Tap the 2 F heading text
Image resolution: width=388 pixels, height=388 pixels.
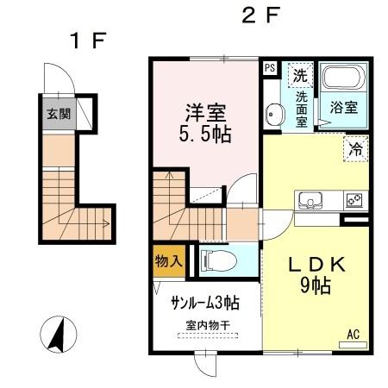point(260,16)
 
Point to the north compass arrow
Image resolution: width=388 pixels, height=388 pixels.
point(55,335)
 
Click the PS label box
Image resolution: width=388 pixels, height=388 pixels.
point(270,67)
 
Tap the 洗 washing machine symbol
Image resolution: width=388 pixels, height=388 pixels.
point(299,74)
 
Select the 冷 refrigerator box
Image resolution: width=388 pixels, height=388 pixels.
point(355,148)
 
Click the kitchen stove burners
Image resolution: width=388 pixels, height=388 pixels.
point(354,200)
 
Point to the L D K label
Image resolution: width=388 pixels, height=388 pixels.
point(308,265)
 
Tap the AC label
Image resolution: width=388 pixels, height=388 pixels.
point(354,334)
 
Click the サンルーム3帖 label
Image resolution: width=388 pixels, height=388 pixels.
point(204,303)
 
